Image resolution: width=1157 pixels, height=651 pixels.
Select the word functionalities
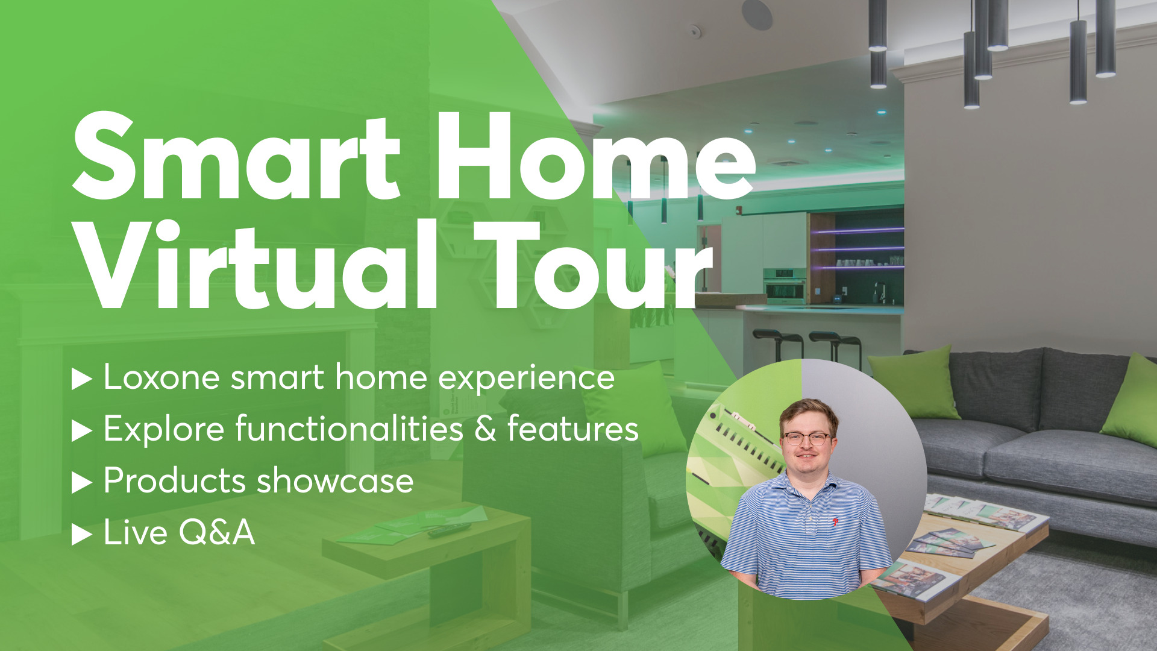[350, 429]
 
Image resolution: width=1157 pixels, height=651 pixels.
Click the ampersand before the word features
[485, 429]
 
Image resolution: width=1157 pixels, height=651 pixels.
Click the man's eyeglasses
[806, 439]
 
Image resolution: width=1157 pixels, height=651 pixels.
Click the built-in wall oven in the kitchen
[785, 286]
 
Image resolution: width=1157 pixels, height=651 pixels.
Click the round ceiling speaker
[757, 13]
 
